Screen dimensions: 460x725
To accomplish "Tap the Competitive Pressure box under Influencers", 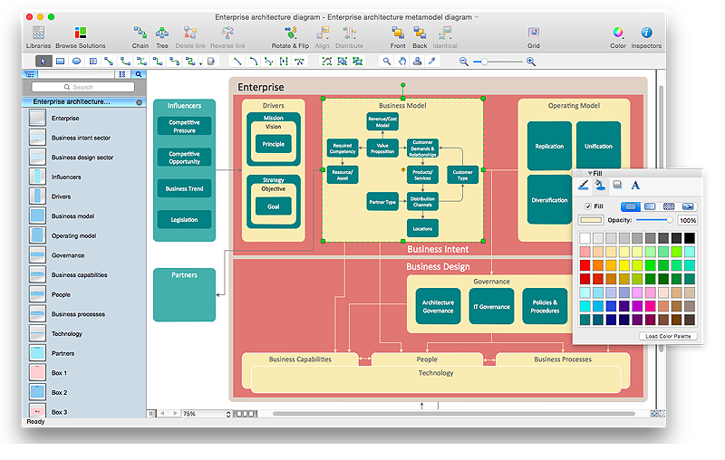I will tap(184, 127).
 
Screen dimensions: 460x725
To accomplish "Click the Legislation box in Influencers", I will tap(184, 219).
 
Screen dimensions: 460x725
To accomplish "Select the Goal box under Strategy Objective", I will tap(273, 206).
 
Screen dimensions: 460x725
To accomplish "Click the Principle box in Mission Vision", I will tap(273, 144).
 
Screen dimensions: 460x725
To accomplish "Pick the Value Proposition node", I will tap(382, 149).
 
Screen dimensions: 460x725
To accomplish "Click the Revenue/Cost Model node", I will tap(382, 121).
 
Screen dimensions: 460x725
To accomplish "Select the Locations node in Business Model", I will tap(422, 228).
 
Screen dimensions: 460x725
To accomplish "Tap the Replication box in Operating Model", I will tap(549, 146).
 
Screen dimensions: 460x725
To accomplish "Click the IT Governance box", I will tap(492, 307).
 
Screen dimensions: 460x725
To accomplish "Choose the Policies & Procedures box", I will tap(546, 307).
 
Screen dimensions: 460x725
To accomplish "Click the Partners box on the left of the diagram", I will tap(184, 293).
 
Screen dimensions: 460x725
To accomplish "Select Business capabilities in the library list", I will tap(79, 275).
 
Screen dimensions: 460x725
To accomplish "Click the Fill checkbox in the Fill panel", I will tap(587, 206).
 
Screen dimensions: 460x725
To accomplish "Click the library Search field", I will tap(82, 88).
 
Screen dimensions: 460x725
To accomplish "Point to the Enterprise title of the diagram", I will tap(261, 88).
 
